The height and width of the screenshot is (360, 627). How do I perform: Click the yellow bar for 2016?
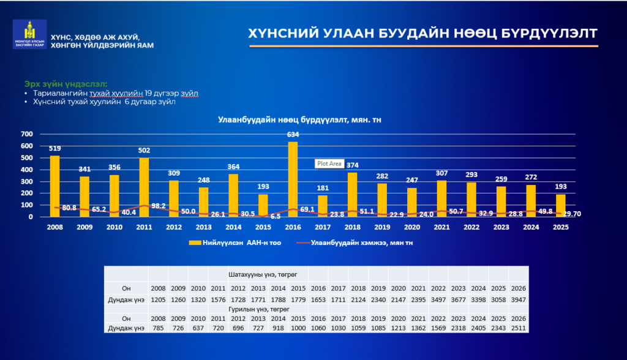[x=293, y=179]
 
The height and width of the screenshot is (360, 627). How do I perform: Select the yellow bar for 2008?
[x=54, y=186]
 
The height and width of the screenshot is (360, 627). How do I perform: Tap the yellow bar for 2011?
[x=144, y=187]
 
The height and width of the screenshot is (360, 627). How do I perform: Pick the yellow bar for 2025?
[x=561, y=206]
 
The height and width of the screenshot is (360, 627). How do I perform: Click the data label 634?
[x=293, y=135]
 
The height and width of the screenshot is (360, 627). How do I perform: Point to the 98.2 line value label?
[x=159, y=206]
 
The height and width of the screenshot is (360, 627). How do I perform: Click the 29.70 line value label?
[x=572, y=214]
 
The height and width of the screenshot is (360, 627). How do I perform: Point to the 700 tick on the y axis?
[x=27, y=134]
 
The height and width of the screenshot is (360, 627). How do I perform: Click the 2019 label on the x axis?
[x=382, y=227]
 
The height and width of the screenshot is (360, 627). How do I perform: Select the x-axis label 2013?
[x=203, y=227]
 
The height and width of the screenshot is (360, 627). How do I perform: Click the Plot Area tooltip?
[x=329, y=163]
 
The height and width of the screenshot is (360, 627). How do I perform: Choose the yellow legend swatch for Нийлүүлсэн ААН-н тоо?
[x=195, y=243]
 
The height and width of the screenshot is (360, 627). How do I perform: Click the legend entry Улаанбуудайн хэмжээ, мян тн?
[x=355, y=243]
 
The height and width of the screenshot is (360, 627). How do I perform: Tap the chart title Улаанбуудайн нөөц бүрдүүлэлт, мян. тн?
[x=299, y=119]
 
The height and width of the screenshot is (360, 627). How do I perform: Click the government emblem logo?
[x=29, y=34]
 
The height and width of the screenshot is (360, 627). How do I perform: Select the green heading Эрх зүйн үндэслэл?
[x=66, y=84]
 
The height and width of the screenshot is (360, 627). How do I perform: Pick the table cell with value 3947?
[x=518, y=299]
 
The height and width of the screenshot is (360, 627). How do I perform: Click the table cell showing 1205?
[x=159, y=299]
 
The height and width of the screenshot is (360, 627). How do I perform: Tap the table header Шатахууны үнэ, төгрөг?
[x=263, y=275]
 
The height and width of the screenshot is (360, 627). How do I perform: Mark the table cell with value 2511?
[x=518, y=328]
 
